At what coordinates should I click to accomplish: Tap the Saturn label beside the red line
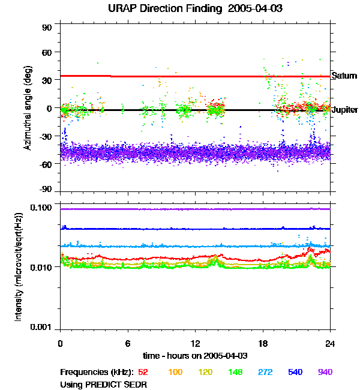tap(343, 76)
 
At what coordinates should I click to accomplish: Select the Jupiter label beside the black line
tap(344, 110)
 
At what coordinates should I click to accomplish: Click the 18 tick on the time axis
tap(263, 343)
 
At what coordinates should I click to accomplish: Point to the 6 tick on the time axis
tap(128, 343)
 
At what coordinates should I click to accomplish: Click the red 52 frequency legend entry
tap(144, 373)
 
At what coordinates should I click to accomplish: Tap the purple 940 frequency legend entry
tap(325, 373)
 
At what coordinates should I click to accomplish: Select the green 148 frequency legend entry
tap(235, 373)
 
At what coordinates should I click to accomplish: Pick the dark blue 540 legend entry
tap(295, 373)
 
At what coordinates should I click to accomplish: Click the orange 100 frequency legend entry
tap(175, 373)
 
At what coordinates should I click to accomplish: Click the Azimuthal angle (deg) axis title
tap(28, 108)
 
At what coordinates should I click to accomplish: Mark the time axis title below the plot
tap(196, 356)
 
